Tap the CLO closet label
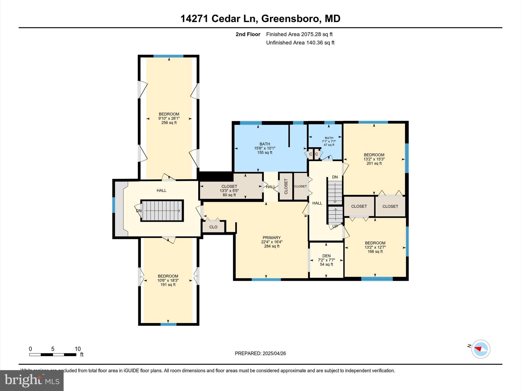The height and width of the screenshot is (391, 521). coord(213,227)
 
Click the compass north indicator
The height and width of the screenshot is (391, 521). coord(481,349)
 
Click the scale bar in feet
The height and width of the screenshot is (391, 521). coord(53,354)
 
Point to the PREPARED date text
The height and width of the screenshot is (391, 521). coord(260,353)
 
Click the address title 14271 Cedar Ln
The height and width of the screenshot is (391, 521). coord(260,19)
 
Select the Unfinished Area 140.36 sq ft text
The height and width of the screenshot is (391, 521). coord(300,43)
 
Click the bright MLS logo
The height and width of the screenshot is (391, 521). coord(32,380)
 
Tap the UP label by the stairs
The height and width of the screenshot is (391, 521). coord(335,226)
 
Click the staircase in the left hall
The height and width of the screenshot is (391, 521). coord(162,211)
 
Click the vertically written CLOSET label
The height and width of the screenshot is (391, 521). coord(286,186)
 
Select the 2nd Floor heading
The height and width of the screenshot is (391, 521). coord(248,34)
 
